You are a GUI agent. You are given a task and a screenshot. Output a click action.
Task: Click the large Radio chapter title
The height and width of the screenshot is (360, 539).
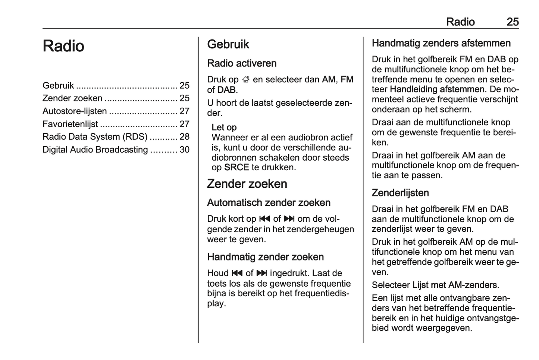point(63,46)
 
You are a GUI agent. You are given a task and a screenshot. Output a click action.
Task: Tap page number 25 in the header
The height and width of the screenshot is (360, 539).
point(513,22)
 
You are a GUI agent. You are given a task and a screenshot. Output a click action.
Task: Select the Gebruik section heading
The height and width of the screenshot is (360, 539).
point(228,44)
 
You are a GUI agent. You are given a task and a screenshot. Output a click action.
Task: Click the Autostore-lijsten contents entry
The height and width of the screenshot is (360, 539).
point(75,111)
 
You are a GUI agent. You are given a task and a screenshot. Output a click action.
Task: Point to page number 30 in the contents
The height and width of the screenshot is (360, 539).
point(184,150)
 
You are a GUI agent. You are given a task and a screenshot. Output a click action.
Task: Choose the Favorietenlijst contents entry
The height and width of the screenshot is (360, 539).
point(70,124)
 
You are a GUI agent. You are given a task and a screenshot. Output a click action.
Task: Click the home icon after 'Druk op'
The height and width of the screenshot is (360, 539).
point(245,79)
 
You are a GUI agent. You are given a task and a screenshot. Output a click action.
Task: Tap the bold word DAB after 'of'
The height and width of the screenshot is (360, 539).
point(226,90)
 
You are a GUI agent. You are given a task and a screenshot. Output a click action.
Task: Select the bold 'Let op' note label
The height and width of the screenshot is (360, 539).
point(224,127)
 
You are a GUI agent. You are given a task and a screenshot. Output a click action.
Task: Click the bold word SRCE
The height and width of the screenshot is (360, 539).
point(236,168)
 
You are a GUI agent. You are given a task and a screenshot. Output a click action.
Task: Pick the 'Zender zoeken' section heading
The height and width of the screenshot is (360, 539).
point(247,184)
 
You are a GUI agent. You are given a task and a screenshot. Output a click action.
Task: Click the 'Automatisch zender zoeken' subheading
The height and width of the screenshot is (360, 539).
point(269,203)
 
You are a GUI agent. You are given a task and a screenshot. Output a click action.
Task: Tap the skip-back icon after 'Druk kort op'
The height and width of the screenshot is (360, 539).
point(264,219)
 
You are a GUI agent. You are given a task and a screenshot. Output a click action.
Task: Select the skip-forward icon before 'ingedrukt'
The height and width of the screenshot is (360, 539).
point(262,273)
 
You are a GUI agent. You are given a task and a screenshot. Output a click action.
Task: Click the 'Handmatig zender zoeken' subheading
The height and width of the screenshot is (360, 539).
point(265,257)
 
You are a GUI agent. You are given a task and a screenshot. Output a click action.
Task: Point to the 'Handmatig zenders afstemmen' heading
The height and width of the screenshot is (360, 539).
point(441,43)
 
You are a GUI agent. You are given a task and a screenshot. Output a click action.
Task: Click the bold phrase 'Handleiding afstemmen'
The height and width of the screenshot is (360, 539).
point(437,89)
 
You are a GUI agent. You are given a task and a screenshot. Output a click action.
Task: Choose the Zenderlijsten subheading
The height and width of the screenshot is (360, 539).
point(400,193)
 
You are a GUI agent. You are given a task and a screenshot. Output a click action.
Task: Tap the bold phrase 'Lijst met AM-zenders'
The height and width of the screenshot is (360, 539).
point(454,285)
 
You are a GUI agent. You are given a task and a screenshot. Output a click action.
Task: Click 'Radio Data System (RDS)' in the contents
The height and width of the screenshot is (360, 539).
point(95,137)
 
